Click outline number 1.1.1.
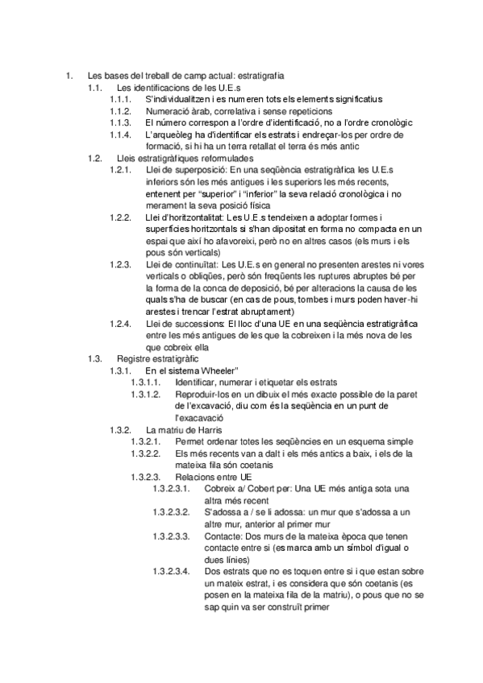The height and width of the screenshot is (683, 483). tap(120, 99)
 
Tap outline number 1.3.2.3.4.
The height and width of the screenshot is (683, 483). tap(172, 571)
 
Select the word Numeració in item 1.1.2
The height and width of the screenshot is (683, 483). tap(167, 111)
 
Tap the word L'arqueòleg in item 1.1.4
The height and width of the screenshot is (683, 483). tap(169, 135)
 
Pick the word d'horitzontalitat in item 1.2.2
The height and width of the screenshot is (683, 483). tap(194, 217)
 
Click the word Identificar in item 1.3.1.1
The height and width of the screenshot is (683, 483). tap(196, 383)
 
